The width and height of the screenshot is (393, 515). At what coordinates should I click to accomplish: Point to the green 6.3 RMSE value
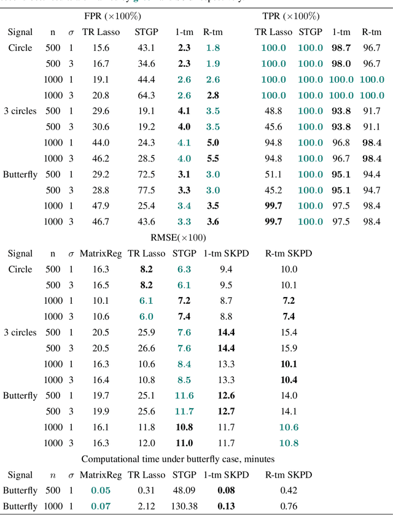[x=184, y=269]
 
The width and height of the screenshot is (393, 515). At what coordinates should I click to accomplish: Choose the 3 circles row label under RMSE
[x=20, y=332]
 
